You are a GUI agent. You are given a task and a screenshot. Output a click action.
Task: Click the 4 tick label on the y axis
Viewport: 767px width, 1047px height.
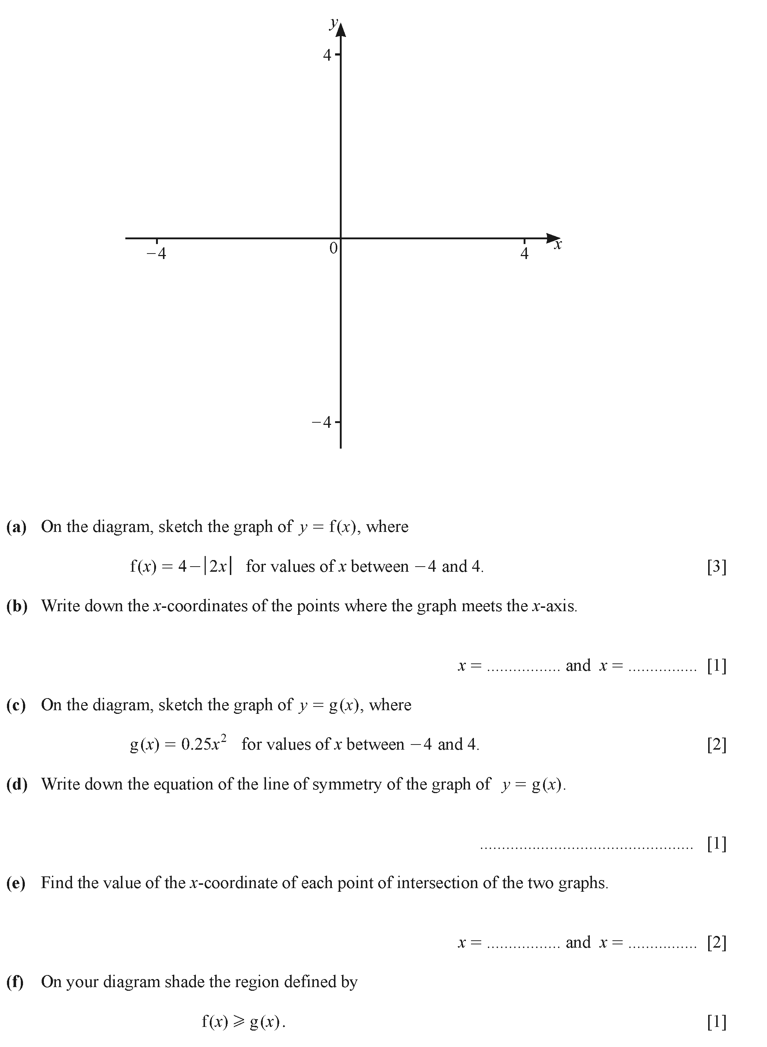click(327, 55)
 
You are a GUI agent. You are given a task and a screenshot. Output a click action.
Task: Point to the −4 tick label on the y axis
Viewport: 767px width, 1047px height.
click(322, 422)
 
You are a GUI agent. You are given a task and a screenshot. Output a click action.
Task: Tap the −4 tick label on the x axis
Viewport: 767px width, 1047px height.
click(156, 254)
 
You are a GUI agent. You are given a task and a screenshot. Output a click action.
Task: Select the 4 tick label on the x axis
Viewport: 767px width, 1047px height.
click(524, 254)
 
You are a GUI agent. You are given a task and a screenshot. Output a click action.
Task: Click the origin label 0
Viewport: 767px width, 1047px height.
click(333, 249)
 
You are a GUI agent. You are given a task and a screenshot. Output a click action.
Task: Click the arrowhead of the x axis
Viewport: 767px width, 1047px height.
click(553, 238)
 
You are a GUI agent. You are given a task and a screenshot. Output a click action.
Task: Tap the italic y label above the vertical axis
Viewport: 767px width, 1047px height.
click(333, 23)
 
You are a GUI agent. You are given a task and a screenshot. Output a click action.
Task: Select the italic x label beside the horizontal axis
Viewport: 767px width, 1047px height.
click(558, 245)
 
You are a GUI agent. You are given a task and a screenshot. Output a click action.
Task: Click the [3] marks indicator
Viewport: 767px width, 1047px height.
click(717, 567)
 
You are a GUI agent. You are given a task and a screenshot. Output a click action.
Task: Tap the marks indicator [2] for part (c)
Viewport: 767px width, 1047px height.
click(717, 745)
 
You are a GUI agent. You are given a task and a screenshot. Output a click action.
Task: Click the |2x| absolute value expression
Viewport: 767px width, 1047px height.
click(218, 567)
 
